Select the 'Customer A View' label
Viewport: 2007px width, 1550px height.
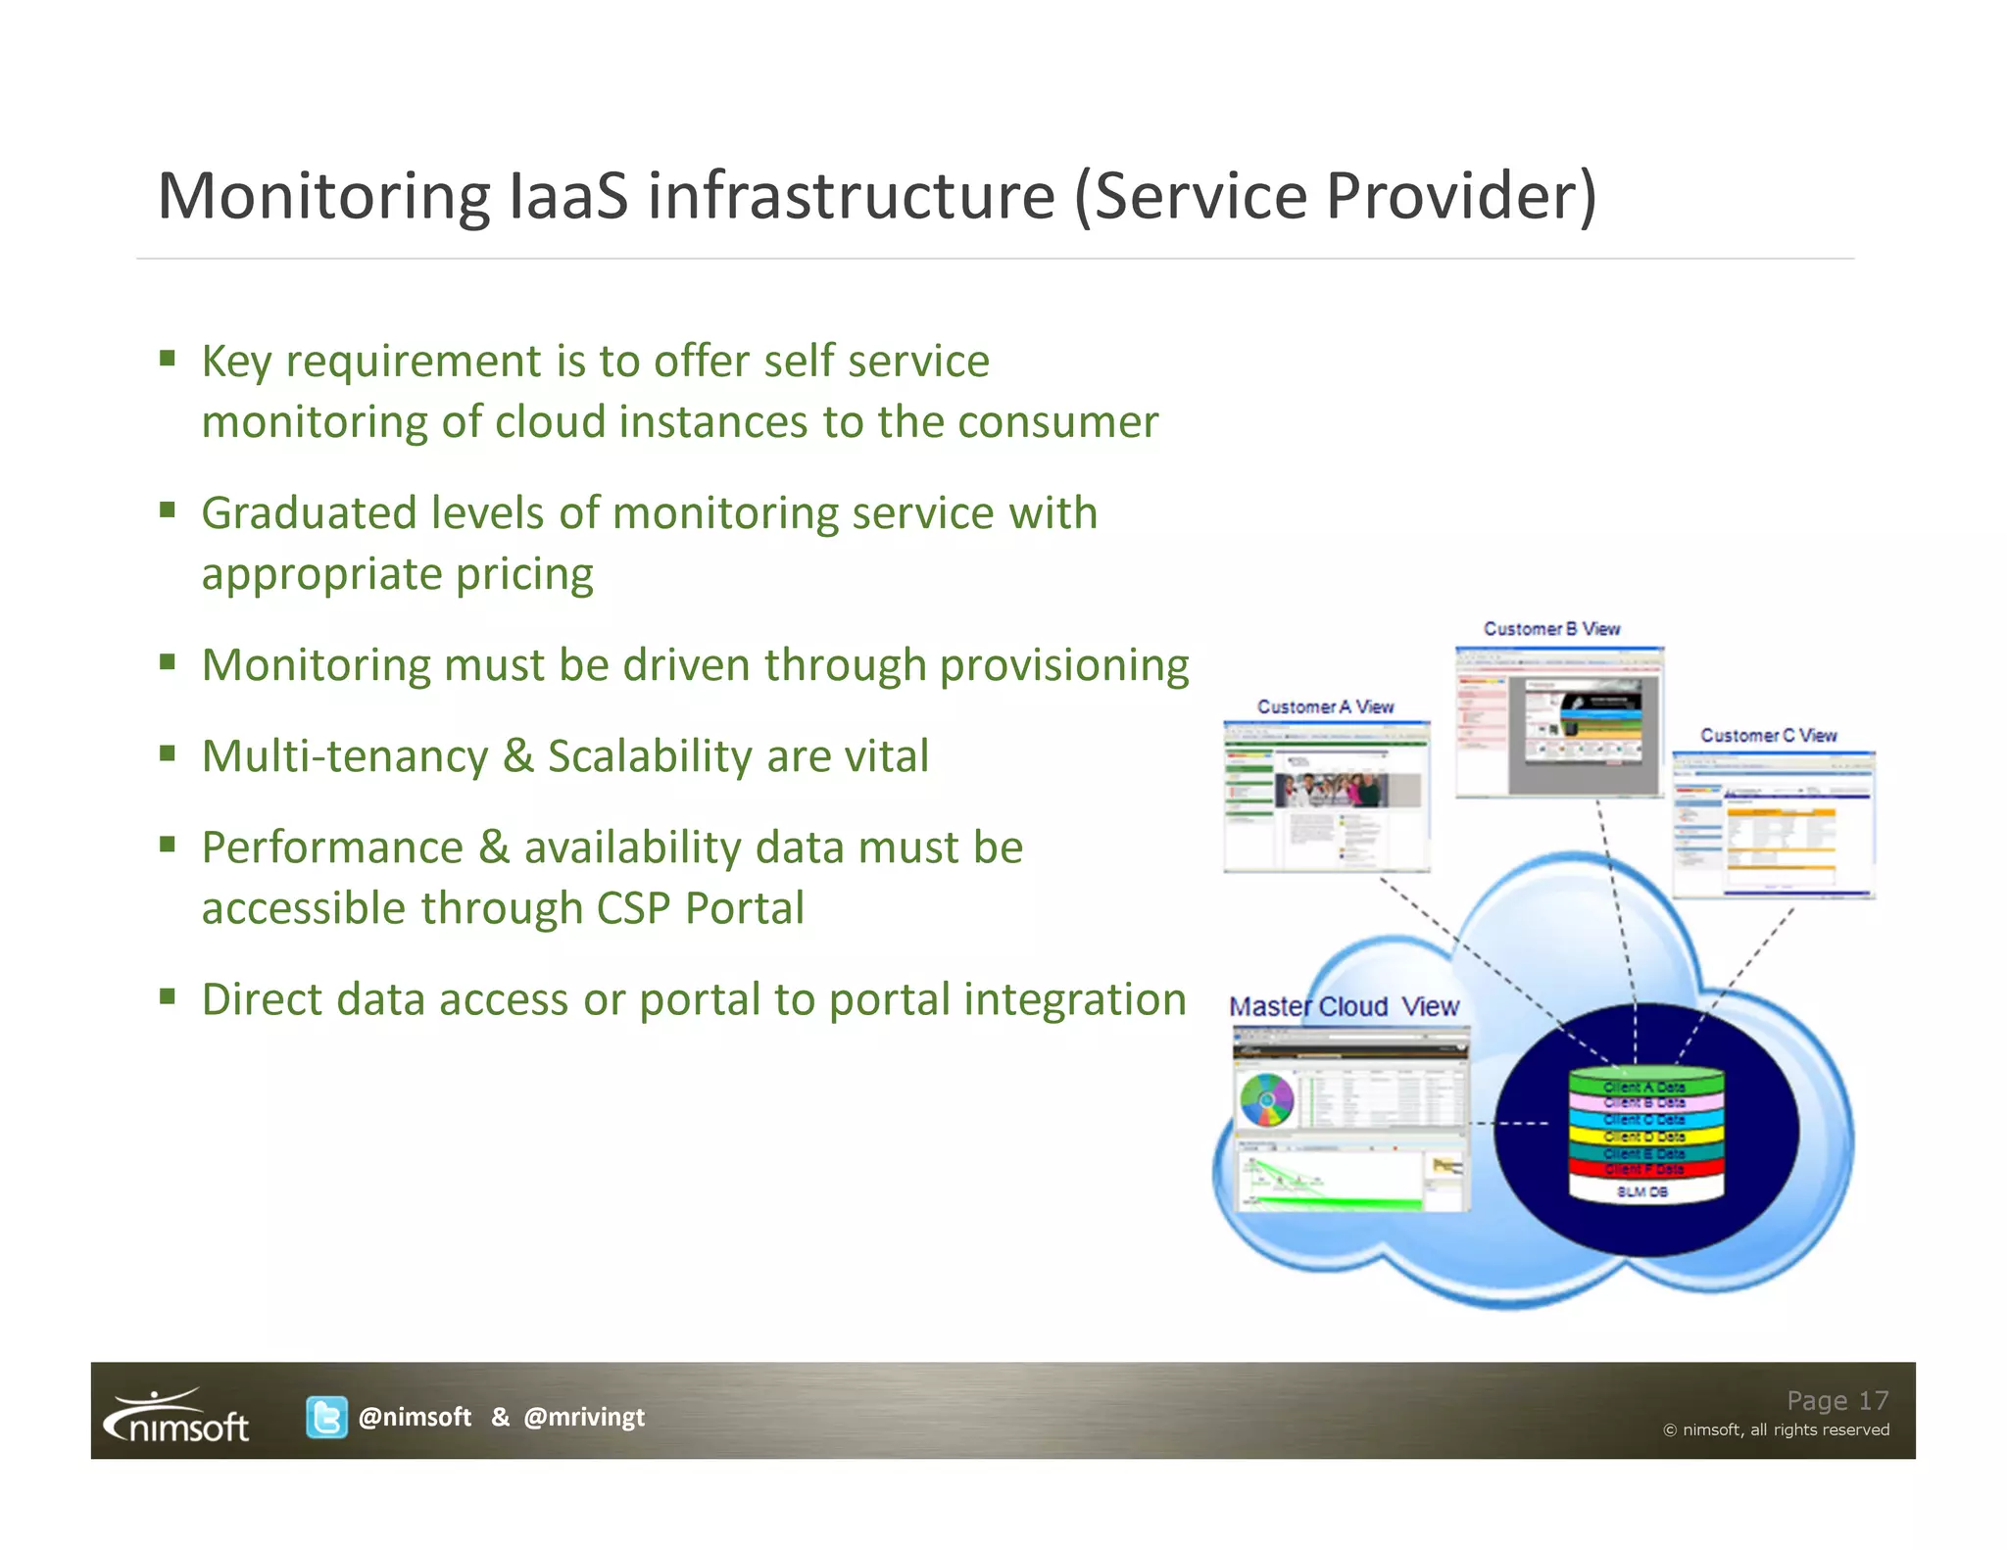point(1325,706)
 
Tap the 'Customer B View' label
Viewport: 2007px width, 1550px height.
point(1551,629)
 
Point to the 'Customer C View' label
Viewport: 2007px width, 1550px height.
point(1768,735)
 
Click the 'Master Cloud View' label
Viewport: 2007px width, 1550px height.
point(1344,1006)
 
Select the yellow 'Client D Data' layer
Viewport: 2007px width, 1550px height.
point(1644,1137)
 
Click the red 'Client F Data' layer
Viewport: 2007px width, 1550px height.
point(1644,1169)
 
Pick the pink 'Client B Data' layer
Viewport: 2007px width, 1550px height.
point(1644,1103)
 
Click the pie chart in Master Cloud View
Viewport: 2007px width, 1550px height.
point(1266,1100)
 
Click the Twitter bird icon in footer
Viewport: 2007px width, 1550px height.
point(326,1417)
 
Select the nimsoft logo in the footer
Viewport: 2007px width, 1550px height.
point(177,1417)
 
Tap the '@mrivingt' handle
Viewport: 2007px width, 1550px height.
point(584,1417)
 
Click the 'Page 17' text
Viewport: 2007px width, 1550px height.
point(1836,1400)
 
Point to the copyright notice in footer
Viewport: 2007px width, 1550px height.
point(1776,1430)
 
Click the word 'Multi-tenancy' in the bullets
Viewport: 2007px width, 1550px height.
point(345,756)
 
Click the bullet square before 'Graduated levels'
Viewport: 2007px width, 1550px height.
point(168,509)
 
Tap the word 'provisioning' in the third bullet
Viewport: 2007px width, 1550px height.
point(1064,665)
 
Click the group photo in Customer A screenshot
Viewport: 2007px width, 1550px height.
point(1331,790)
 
